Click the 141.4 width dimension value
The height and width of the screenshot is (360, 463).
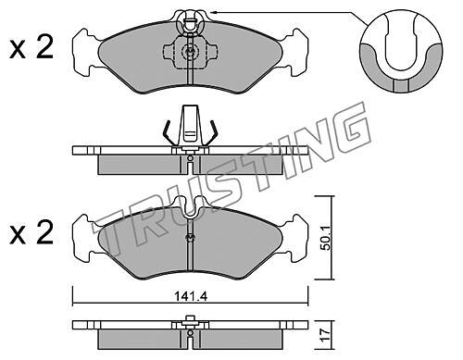click(x=191, y=297)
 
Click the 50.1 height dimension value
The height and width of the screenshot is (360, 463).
click(x=325, y=238)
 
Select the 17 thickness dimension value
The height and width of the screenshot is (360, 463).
click(x=326, y=333)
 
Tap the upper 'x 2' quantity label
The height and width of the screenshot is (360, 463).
click(x=31, y=48)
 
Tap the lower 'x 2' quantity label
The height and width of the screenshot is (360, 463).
click(x=31, y=232)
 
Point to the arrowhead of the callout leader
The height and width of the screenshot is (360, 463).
click(x=213, y=12)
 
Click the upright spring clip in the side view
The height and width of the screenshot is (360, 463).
click(x=190, y=126)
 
